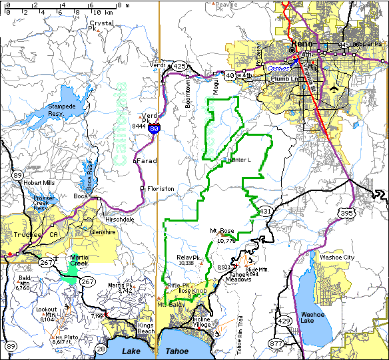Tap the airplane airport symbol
(333, 88)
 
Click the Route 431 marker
(266, 211)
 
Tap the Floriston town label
(161, 188)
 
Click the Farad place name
(147, 161)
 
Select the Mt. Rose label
(223, 231)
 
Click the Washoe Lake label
(312, 317)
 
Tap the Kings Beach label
(146, 328)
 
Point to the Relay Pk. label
(189, 257)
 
